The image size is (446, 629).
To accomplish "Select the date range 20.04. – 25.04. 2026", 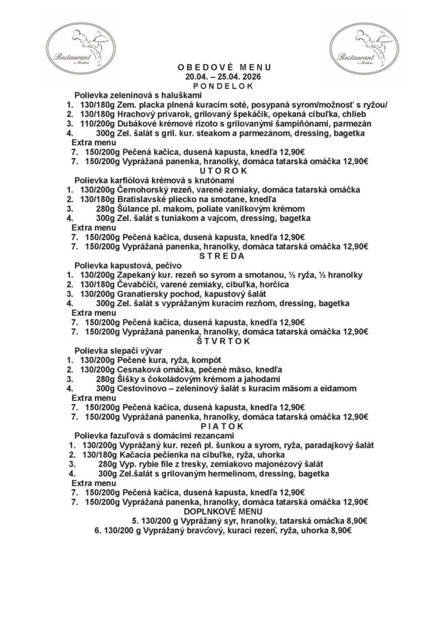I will pos(223,78).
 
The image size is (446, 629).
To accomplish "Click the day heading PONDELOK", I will pos(223,87).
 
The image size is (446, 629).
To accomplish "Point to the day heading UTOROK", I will pos(223,170).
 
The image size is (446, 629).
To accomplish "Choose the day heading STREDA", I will pos(223,255).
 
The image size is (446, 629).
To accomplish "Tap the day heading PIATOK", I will pos(223,426).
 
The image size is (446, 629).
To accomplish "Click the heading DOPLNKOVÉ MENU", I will pos(223,511).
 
